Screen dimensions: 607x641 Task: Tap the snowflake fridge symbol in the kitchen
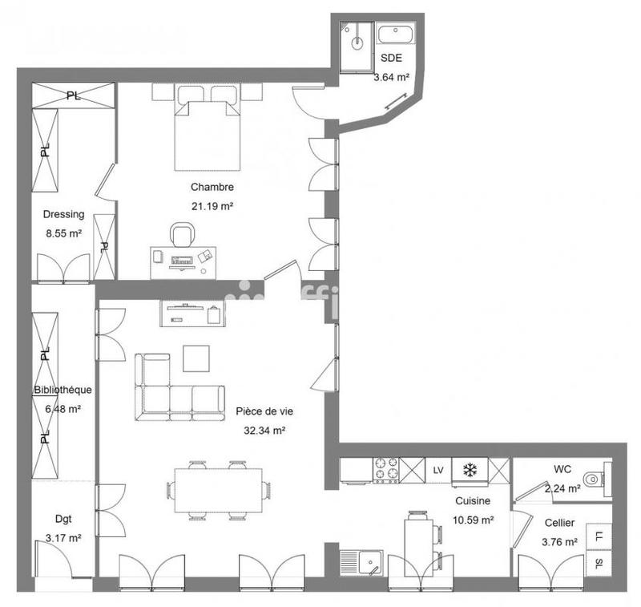pos(470,470)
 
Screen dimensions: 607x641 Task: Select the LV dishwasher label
pos(437,470)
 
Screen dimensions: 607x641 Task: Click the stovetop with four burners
pos(386,471)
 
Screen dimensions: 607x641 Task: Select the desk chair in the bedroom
pos(182,234)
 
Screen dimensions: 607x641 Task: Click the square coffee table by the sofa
pos(196,358)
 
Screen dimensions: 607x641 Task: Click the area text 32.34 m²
pos(265,430)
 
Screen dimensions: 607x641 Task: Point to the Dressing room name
pos(63,215)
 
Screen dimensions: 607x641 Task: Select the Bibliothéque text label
pos(62,391)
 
